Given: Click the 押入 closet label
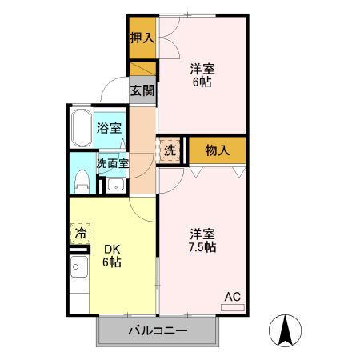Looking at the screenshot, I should click(142, 37).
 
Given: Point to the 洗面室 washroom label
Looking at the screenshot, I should click(112, 162).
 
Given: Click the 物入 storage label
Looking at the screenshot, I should click(218, 149).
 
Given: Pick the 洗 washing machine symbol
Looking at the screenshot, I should click(170, 150).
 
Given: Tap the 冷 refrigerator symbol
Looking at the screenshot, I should click(81, 234).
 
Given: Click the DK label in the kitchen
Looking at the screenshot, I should click(110, 247).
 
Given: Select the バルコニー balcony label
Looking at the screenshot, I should click(157, 331).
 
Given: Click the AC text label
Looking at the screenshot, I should click(231, 296).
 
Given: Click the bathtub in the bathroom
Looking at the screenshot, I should click(81, 129).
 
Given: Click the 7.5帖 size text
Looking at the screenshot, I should click(202, 247).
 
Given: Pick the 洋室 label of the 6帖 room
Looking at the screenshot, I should click(202, 67).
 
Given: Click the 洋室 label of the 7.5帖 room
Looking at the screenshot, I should click(202, 233).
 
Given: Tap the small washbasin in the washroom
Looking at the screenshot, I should click(115, 186).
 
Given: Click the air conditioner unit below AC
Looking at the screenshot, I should click(231, 306).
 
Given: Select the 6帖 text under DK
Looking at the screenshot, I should click(110, 262).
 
